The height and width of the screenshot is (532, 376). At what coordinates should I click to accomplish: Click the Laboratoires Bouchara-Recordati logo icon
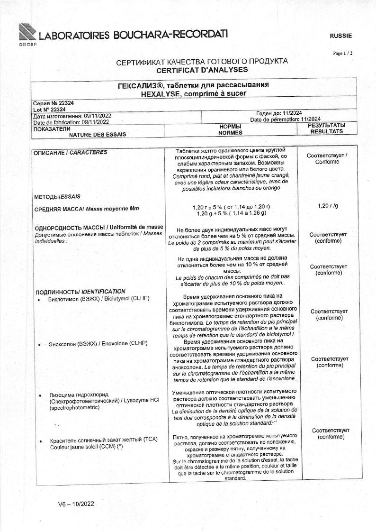click(x=28, y=33)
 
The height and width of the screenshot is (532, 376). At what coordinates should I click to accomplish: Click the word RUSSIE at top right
click(x=340, y=36)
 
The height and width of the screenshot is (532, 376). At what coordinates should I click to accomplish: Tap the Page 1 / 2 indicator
click(x=342, y=53)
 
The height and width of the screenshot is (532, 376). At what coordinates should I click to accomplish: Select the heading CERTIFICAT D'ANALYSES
click(x=202, y=69)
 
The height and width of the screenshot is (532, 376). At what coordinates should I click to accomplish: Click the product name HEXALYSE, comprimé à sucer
click(x=193, y=93)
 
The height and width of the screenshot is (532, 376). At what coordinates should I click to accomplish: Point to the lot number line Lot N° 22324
click(x=49, y=109)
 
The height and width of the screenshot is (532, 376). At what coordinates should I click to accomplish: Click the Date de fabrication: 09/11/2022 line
click(x=71, y=122)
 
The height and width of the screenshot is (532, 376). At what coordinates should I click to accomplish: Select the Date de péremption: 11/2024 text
click(x=285, y=119)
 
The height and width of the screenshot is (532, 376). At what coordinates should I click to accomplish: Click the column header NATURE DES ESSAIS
click(x=98, y=134)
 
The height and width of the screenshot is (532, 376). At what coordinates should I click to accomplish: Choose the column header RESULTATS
click(x=326, y=131)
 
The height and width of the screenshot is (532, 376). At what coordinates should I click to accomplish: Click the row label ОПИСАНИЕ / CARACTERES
click(x=70, y=153)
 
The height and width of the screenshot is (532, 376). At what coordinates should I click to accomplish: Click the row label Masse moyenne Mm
click(x=113, y=209)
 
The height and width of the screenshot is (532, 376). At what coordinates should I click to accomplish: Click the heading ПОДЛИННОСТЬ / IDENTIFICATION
click(x=80, y=291)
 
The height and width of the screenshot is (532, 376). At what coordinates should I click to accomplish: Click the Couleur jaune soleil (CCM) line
click(x=86, y=447)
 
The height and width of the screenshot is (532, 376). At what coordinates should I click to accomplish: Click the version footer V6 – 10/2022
click(x=76, y=504)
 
